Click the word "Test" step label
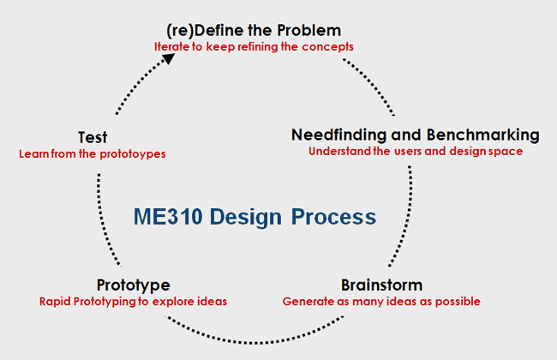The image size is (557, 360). click(92, 137)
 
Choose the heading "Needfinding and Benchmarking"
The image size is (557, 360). click(416, 135)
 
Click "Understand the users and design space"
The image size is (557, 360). click(416, 152)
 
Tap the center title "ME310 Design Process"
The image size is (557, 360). click(254, 217)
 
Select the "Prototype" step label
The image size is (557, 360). click(133, 285)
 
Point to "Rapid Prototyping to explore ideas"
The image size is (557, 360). click(133, 301)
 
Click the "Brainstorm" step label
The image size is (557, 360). click(381, 285)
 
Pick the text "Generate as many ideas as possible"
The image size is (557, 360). click(381, 301)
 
